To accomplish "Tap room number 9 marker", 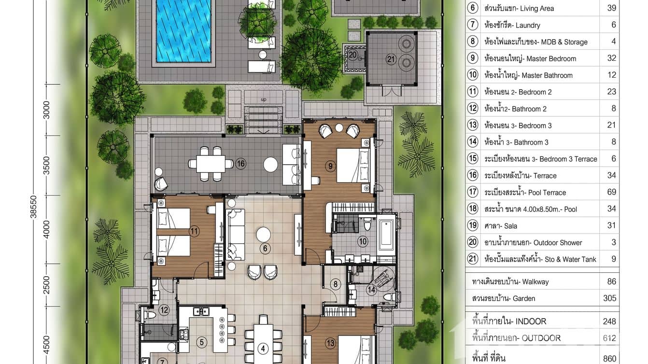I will [331, 166].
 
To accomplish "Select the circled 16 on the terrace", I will [240, 164].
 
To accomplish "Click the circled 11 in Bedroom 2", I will [194, 231].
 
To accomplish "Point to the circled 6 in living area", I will [264, 249].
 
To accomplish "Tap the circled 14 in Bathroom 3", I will [371, 290].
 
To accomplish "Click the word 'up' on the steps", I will [263, 99].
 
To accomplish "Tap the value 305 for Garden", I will [609, 298].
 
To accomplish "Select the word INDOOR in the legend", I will [531, 322].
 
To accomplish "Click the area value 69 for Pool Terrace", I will [611, 192].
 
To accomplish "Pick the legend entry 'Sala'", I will [510, 226].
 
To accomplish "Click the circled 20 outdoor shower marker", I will [353, 55].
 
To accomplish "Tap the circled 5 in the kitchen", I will [202, 342].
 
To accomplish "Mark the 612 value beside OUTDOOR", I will [609, 338].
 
